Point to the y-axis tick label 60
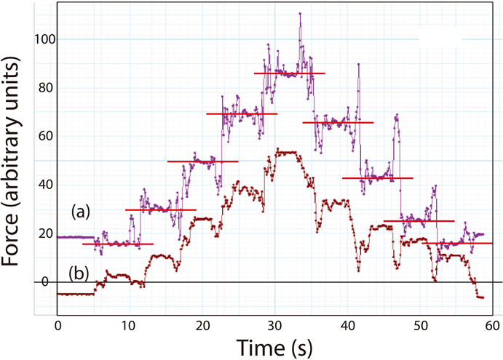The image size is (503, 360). click(x=41, y=136)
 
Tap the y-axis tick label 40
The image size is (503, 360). click(x=41, y=185)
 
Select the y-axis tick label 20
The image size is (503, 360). click(x=41, y=233)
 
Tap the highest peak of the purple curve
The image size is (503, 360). click(x=299, y=14)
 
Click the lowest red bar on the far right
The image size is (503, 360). click(x=459, y=244)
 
